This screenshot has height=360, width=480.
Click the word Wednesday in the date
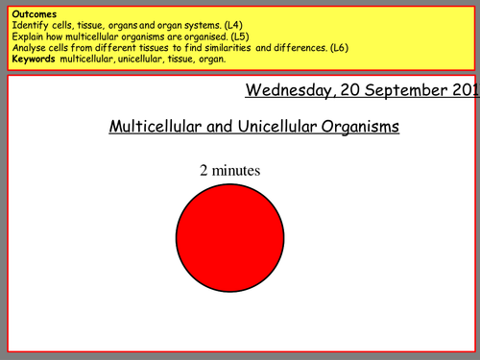click(287, 91)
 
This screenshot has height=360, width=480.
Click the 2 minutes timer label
click(229, 171)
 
